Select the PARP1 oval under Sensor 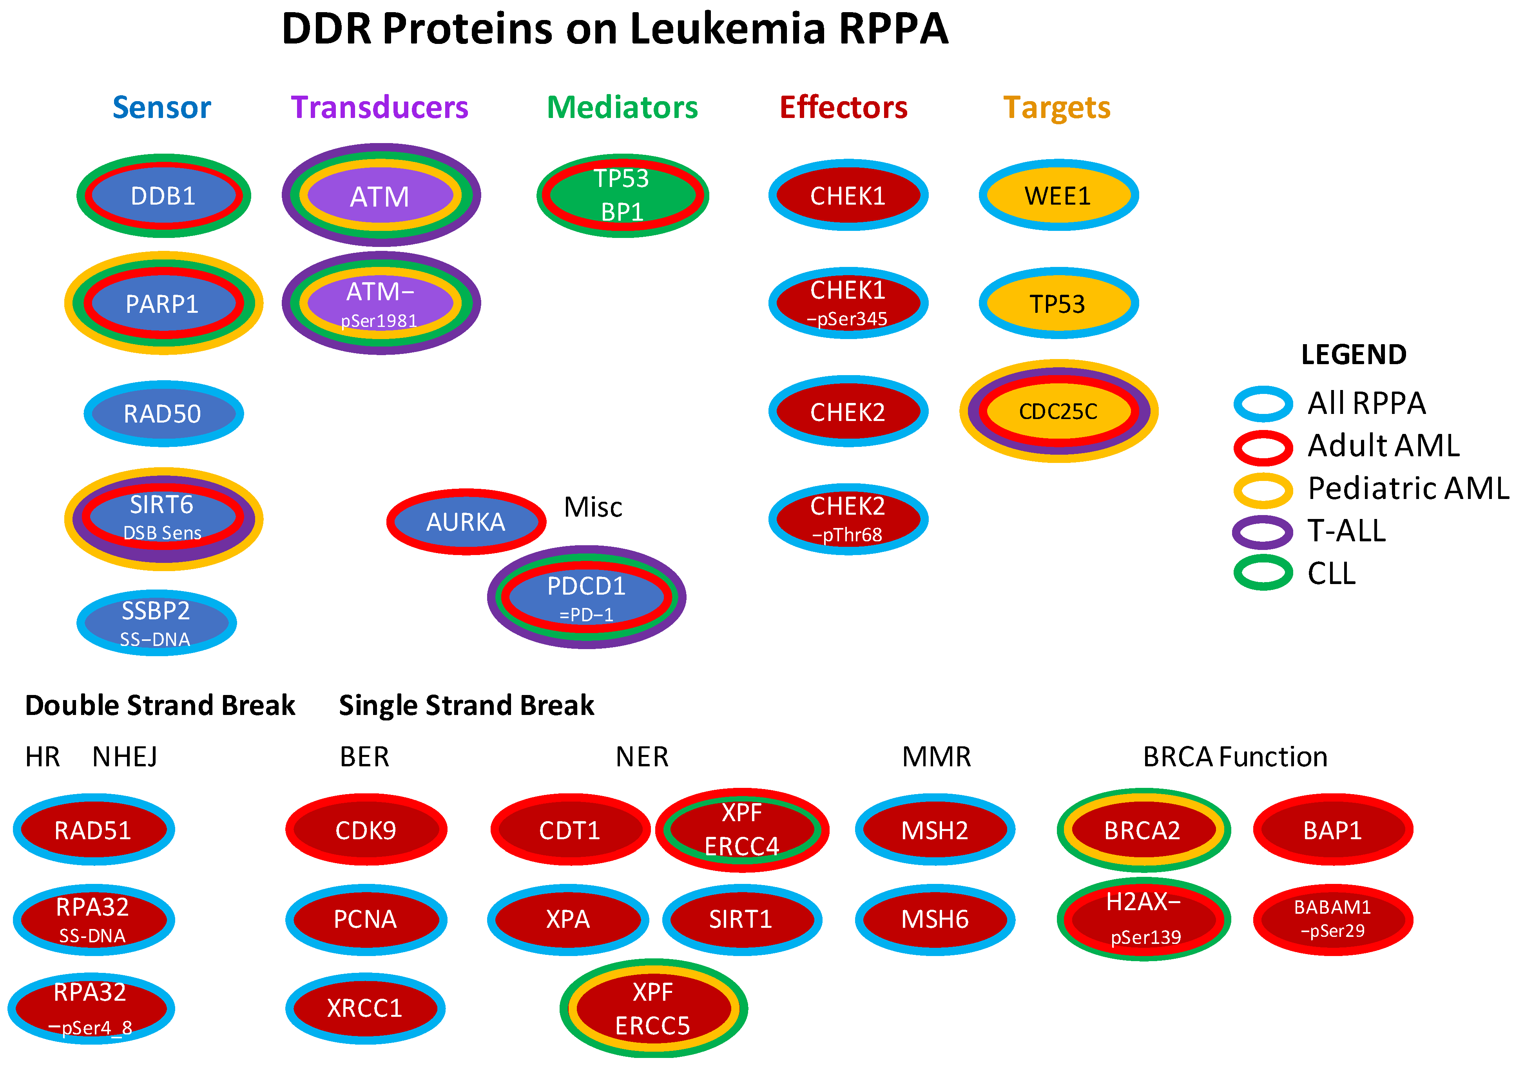tap(163, 303)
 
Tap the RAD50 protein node tap(163, 414)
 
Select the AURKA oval tap(466, 522)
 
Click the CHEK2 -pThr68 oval tap(848, 519)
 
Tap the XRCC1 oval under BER tap(365, 1008)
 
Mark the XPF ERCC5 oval tap(653, 1008)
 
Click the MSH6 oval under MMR tap(935, 919)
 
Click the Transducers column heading tap(379, 107)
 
